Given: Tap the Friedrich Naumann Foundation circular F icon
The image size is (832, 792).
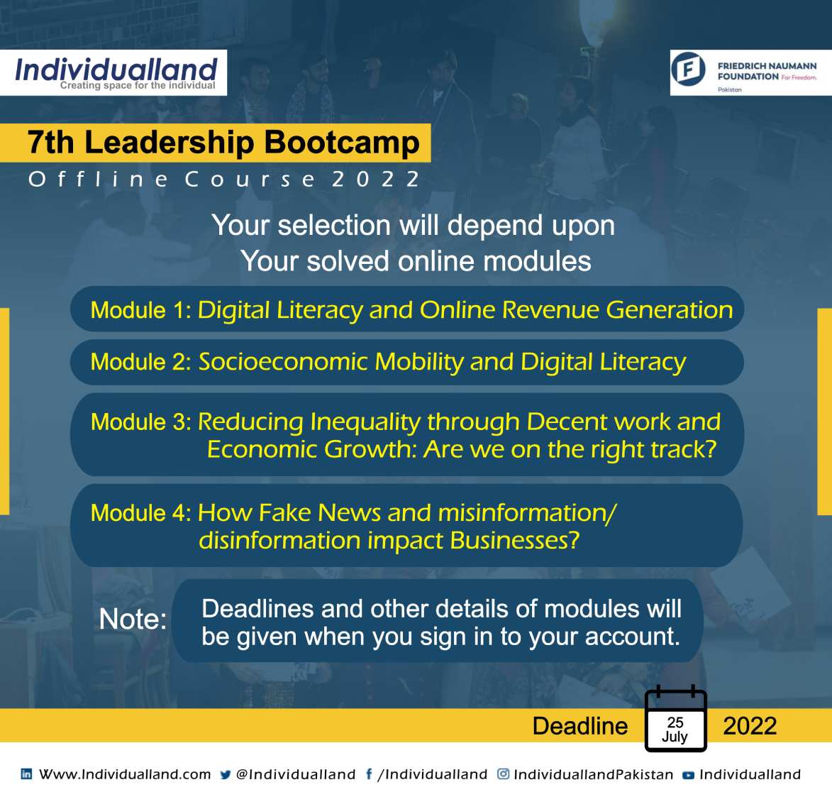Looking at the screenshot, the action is point(688,69).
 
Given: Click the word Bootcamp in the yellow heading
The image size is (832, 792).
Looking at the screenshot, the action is point(342,143).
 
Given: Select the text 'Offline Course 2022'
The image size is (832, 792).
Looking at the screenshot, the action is point(224,180).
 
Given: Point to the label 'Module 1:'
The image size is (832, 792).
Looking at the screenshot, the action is point(141,310).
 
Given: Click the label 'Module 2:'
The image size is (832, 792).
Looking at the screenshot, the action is point(141,362).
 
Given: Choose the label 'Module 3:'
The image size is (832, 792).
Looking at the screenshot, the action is point(141,422).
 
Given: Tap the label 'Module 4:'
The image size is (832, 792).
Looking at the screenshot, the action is point(141,513).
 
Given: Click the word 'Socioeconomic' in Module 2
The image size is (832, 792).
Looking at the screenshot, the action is point(283,362).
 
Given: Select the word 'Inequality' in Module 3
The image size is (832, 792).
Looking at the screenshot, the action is point(365,423).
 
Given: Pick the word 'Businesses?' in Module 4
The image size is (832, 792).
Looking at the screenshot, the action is point(515,540).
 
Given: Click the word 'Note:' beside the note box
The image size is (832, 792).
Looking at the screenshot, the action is point(133,619).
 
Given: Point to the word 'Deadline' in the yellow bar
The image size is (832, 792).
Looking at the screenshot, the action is point(580,726).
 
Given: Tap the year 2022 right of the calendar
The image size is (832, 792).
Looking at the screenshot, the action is point(750,726).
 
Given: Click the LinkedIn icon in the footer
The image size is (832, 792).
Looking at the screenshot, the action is point(26,774).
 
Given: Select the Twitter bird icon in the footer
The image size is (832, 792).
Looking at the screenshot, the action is point(225,774).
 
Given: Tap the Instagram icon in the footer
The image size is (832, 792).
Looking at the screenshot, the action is point(503,774).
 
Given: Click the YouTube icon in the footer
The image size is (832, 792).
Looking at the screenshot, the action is point(688,775).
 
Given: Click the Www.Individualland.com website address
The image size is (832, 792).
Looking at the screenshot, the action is point(126,774).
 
